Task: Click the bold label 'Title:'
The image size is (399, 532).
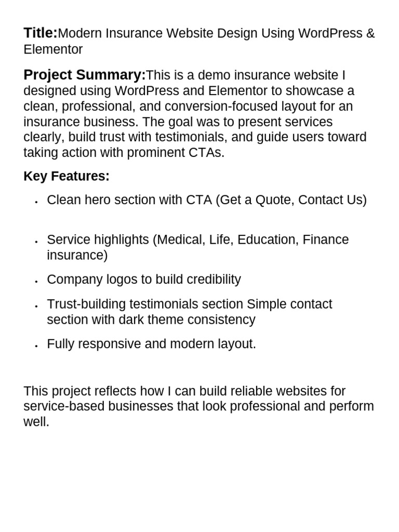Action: pyautogui.click(x=41, y=33)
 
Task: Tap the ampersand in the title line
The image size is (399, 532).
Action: pyautogui.click(x=370, y=34)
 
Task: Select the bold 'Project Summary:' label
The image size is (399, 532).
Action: pyautogui.click(x=84, y=75)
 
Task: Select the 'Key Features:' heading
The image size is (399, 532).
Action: pyautogui.click(x=66, y=177)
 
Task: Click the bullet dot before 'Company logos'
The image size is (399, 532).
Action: pyautogui.click(x=36, y=281)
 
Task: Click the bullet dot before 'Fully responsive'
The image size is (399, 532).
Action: pyautogui.click(x=36, y=345)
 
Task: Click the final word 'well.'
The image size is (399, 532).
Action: pyautogui.click(x=36, y=421)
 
